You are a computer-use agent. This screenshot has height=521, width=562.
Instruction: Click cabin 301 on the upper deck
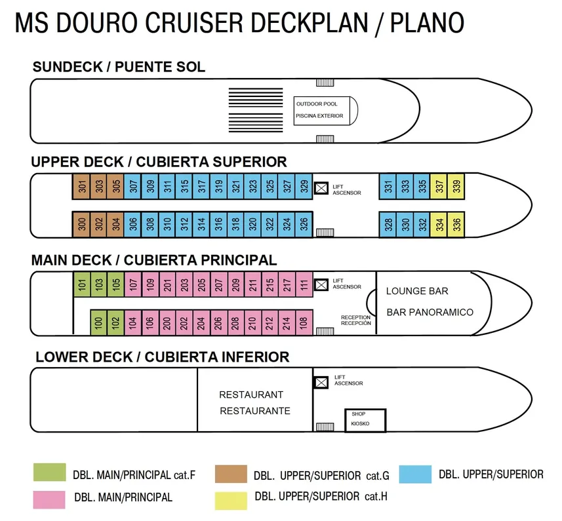tap(81, 187)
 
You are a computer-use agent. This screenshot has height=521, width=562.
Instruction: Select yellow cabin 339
tap(456, 187)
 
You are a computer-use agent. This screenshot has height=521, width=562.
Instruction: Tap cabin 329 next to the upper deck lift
tap(304, 187)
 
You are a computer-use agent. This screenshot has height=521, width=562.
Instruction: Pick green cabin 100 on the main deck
tap(98, 322)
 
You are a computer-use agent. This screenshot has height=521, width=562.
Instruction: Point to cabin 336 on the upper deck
tap(456, 225)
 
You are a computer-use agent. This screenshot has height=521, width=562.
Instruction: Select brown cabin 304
tap(115, 225)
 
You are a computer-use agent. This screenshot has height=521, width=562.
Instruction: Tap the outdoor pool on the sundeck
tap(325, 110)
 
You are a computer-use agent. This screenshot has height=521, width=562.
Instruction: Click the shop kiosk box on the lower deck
tap(365, 419)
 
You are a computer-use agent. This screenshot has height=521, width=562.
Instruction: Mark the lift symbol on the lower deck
tap(321, 382)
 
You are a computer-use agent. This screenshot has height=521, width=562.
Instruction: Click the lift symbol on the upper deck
tap(321, 188)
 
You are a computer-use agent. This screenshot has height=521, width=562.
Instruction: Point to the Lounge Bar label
tap(417, 290)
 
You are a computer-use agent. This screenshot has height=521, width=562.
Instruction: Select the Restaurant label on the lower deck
tap(251, 395)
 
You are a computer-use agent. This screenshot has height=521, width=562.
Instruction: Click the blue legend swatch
tap(415, 474)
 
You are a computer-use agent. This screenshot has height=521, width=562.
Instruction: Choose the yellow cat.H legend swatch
tap(231, 499)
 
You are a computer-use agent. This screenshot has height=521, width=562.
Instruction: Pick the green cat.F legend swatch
tap(50, 473)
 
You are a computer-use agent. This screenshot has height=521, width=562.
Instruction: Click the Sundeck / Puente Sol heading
tap(119, 67)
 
